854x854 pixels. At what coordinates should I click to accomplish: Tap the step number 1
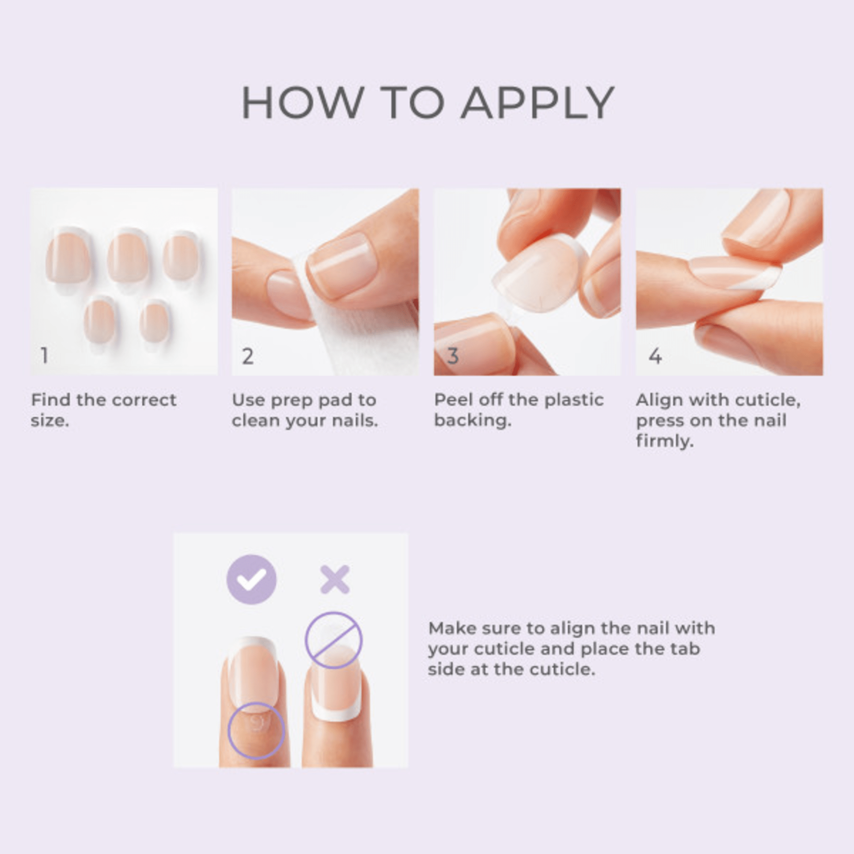(x=44, y=355)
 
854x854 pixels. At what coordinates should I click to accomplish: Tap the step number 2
(x=248, y=356)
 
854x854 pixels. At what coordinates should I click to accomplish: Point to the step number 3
(x=452, y=356)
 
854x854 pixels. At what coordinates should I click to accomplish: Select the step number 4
(x=655, y=356)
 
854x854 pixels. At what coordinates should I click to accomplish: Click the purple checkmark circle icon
(x=252, y=579)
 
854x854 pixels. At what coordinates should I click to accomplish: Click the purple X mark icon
(x=335, y=579)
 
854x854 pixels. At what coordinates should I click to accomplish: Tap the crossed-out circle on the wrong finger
(x=334, y=640)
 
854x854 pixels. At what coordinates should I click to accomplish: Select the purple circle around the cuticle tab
(x=256, y=731)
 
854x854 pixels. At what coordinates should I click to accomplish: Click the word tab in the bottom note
(x=685, y=649)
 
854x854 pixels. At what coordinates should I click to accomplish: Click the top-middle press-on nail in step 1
(x=128, y=256)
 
